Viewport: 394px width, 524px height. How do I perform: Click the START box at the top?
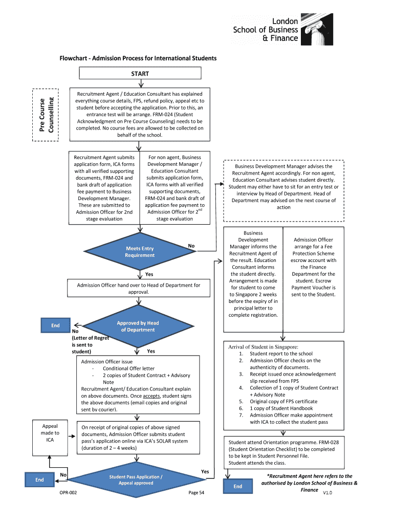[140, 74]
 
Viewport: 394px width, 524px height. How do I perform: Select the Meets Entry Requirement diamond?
[140, 252]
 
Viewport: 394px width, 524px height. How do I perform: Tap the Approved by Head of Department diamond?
[138, 326]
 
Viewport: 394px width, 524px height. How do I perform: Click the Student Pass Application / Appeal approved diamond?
[136, 480]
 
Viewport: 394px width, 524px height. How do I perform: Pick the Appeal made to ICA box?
[50, 433]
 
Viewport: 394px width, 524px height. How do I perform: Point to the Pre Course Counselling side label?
[47, 114]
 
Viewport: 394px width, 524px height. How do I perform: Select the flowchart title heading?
[138, 58]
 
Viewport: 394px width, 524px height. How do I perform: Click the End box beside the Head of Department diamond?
[55, 325]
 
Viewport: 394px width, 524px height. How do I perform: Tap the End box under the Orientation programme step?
[238, 486]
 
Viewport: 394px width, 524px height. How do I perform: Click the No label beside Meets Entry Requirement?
[191, 246]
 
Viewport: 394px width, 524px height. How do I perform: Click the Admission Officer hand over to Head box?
[139, 288]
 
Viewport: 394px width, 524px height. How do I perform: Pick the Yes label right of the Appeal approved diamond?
[205, 471]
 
